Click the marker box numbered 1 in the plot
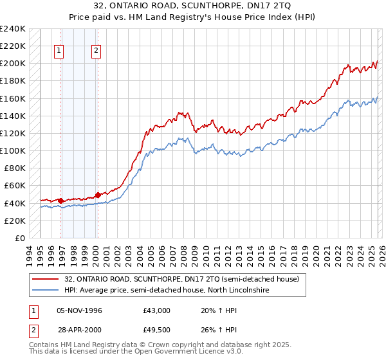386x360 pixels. pyautogui.click(x=59, y=52)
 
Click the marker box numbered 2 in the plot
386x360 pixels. pyautogui.click(x=96, y=52)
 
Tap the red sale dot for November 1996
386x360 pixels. pyautogui.click(x=61, y=201)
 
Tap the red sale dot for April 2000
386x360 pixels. pyautogui.click(x=98, y=195)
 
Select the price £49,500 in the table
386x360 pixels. pyautogui.click(x=157, y=330)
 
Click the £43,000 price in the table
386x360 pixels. pyautogui.click(x=157, y=310)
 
